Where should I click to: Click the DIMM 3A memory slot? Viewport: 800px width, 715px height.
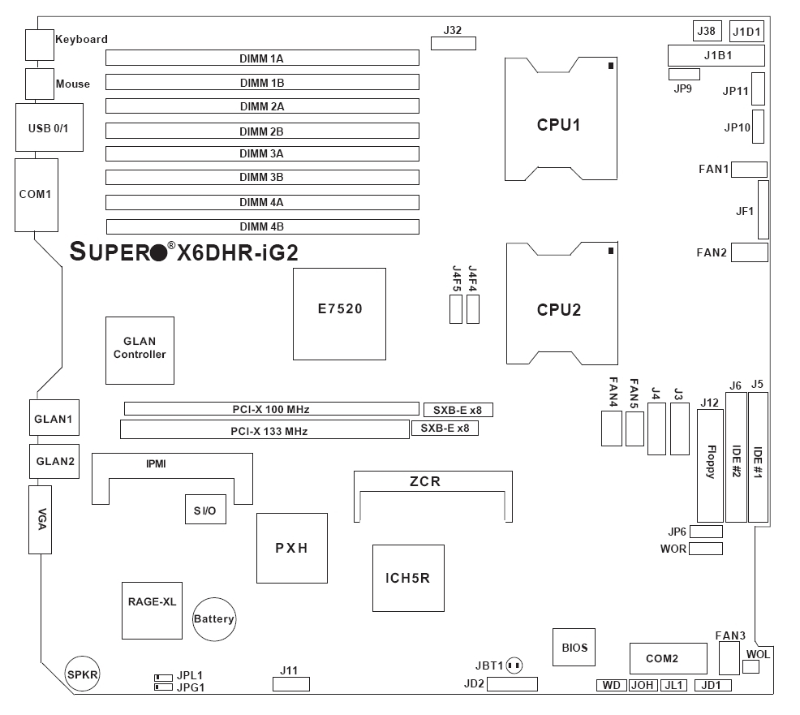pos(262,154)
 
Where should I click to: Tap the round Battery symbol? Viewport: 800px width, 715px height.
pos(213,619)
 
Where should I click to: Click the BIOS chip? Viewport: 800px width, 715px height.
pos(574,648)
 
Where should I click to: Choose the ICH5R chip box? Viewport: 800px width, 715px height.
pos(408,579)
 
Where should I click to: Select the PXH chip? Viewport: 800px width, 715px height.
pos(292,549)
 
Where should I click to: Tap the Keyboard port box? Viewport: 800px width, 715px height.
pos(39,45)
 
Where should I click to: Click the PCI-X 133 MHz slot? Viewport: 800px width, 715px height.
pos(264,429)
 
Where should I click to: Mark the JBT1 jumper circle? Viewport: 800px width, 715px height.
pos(514,665)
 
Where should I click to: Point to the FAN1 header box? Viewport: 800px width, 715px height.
pos(750,170)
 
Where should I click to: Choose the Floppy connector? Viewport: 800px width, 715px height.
pos(709,466)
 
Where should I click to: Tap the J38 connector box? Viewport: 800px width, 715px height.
pos(707,32)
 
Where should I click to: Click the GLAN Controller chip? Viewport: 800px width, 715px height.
pos(140,350)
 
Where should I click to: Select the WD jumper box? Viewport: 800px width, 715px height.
pos(611,686)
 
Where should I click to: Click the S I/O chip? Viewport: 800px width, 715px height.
pos(204,510)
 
